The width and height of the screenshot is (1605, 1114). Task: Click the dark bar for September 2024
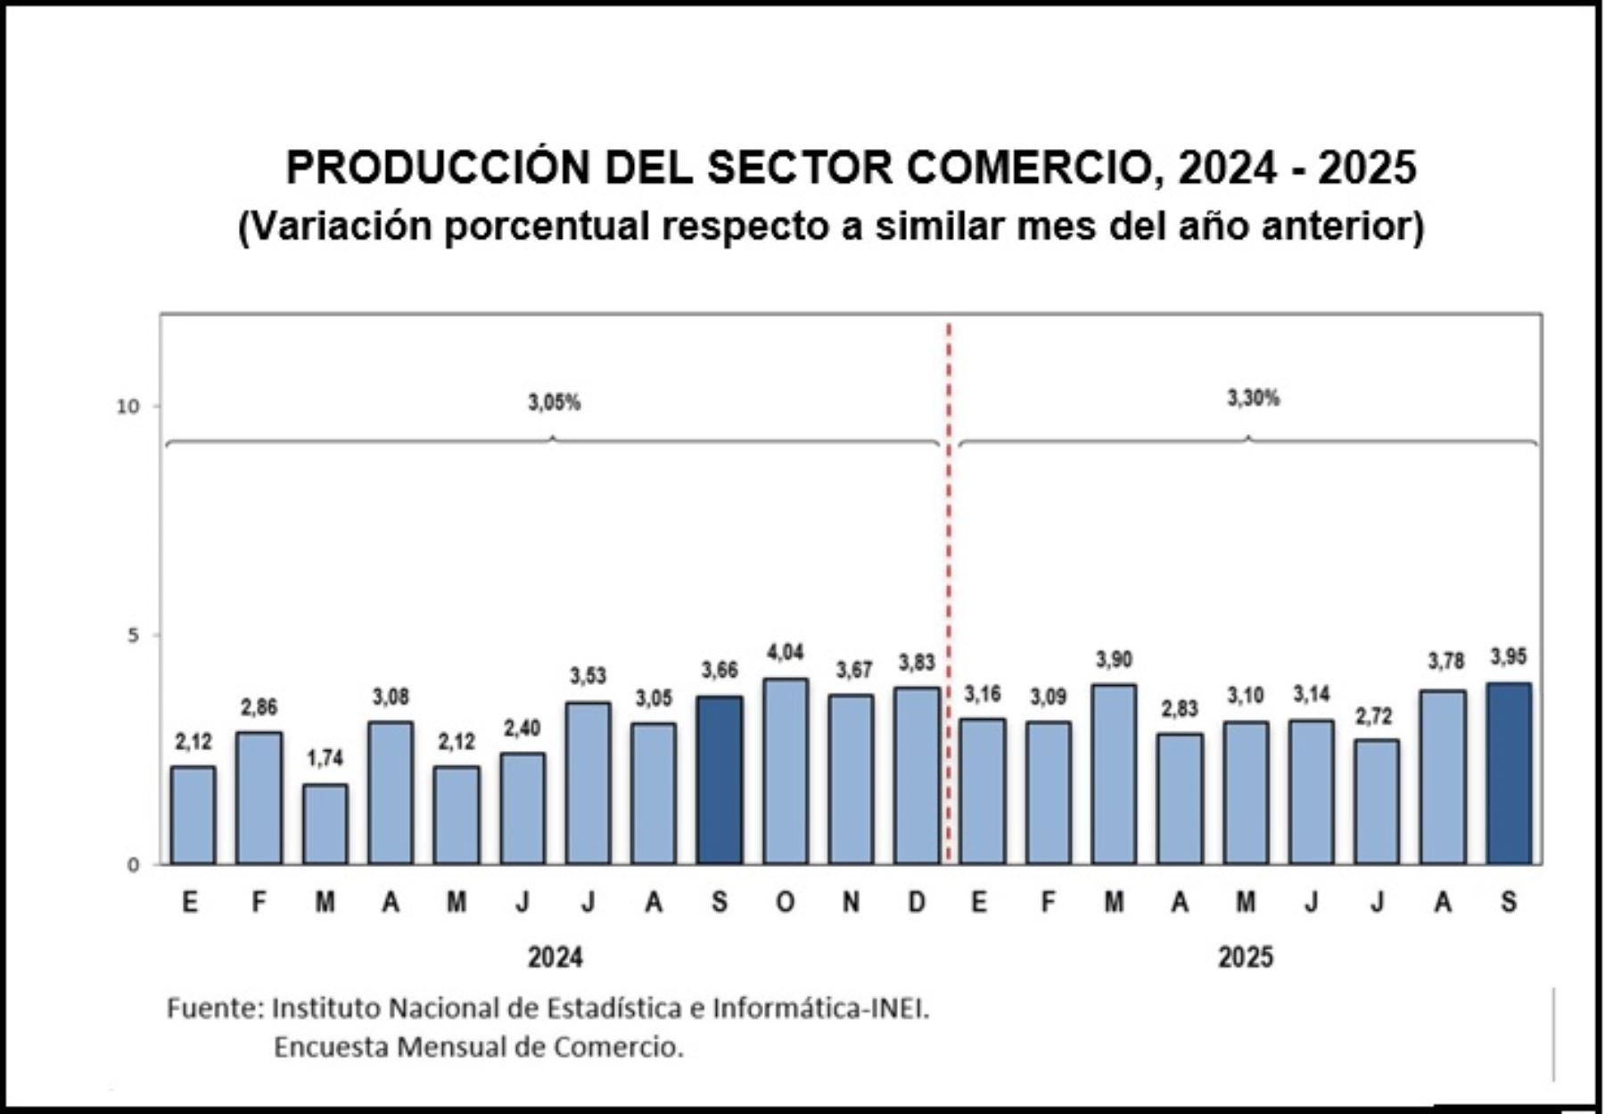720,780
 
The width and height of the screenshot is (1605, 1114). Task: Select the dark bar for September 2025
1509,773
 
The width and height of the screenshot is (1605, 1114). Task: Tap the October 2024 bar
786,772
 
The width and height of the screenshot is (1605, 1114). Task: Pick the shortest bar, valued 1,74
325,824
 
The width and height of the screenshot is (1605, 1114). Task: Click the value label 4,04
786,653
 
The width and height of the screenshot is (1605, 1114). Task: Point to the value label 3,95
1509,657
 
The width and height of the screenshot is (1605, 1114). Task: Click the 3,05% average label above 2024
554,403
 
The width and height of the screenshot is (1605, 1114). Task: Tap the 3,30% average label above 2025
1253,399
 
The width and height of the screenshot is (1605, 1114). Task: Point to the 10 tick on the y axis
128,407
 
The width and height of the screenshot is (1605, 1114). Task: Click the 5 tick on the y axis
134,636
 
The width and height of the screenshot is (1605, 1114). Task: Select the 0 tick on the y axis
134,865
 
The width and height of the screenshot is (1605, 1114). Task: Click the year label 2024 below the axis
555,958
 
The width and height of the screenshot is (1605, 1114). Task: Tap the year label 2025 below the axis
1245,958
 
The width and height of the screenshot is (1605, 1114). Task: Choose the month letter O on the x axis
785,903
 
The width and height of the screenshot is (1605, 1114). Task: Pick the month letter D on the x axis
917,903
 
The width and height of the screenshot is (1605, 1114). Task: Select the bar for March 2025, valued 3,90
1114,774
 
